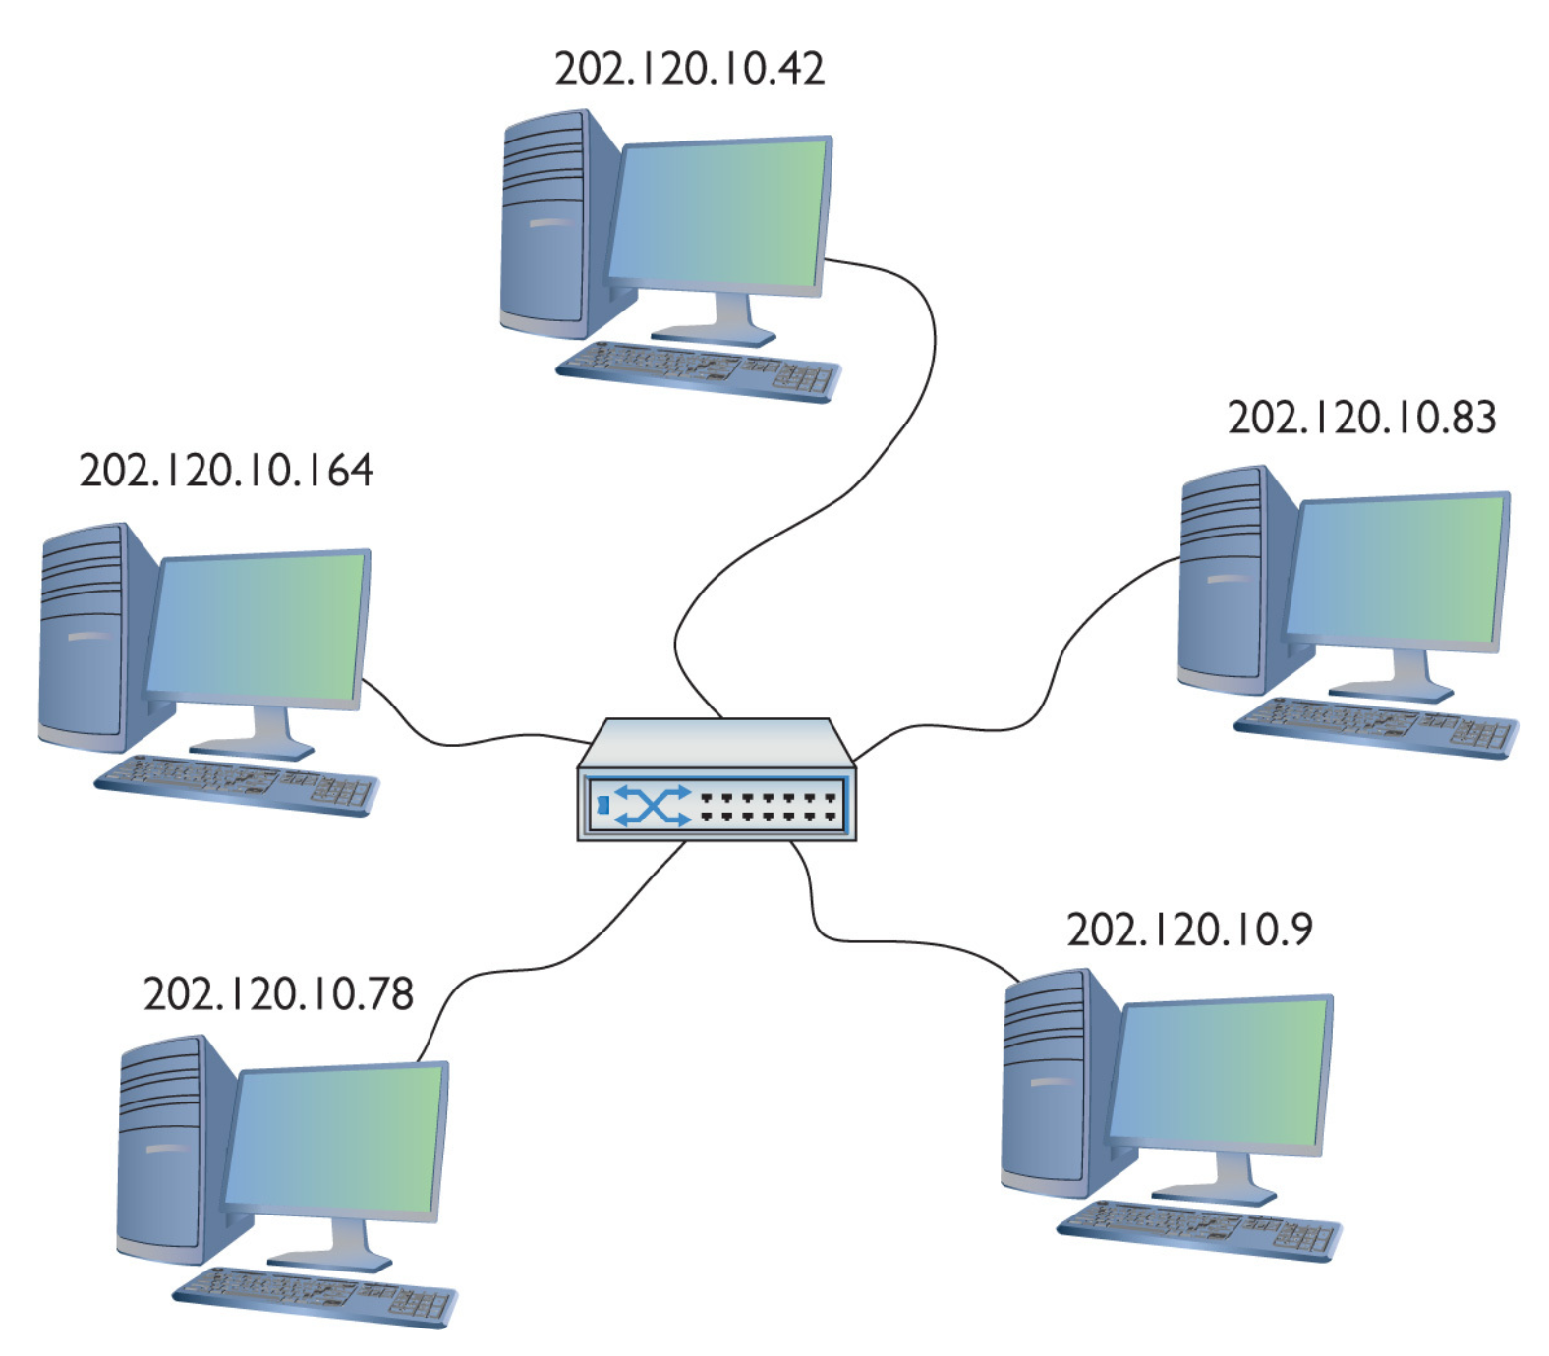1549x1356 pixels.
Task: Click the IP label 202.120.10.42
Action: point(689,68)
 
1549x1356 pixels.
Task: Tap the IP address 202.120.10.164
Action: point(225,471)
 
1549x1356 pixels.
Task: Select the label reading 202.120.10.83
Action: point(1361,418)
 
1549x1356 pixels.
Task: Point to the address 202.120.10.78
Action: point(278,994)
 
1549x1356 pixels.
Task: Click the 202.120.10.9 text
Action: point(1189,930)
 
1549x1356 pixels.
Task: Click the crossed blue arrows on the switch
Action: point(652,806)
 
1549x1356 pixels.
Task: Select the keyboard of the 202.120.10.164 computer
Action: point(236,785)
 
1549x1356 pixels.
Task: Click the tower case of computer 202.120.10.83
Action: point(1222,580)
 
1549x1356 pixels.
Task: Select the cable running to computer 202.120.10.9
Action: point(885,941)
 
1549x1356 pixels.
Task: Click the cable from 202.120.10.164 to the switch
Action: point(462,742)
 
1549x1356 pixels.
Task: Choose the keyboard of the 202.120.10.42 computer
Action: point(699,370)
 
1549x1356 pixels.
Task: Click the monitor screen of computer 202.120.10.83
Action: point(1396,570)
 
